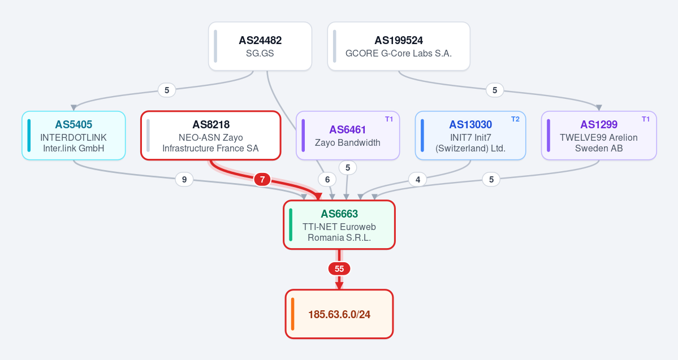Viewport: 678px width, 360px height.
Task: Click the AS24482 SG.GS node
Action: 260,46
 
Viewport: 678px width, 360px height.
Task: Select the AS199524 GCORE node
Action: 399,46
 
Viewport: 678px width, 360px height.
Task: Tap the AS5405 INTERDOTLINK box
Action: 74,136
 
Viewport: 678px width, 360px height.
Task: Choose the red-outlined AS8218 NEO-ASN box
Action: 210,136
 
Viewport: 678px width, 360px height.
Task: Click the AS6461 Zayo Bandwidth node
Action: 348,136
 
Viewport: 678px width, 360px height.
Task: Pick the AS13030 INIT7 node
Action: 470,136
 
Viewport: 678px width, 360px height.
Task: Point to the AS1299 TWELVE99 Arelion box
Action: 599,136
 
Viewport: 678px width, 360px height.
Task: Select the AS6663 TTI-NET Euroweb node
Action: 339,225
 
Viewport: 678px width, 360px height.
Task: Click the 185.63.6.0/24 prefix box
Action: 339,314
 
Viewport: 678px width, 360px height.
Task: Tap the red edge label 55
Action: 339,269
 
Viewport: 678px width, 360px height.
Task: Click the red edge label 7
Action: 262,179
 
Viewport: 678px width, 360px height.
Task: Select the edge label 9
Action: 184,179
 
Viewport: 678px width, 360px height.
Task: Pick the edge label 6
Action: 327,179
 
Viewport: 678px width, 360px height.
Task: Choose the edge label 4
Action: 418,179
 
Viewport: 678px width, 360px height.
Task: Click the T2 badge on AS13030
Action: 515,119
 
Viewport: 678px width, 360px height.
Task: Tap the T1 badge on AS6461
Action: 389,119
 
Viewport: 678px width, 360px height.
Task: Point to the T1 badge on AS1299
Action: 646,119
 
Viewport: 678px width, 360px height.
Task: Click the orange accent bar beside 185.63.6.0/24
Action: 293,314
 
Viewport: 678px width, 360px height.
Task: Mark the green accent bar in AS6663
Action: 291,225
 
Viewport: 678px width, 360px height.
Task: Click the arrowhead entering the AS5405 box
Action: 74,107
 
